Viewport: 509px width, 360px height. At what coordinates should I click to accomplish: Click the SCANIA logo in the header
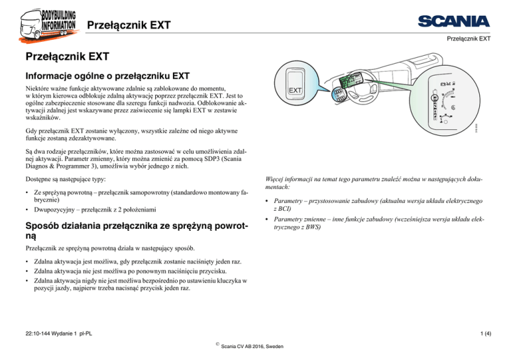(453, 21)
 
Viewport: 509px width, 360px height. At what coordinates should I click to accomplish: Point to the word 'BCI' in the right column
(294, 208)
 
